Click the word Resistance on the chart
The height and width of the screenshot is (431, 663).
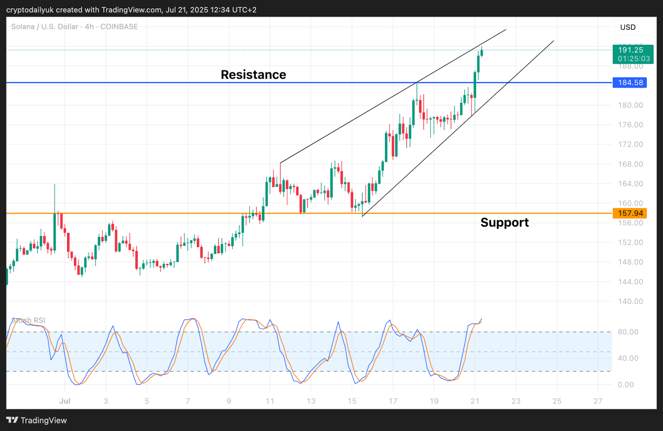tap(253, 75)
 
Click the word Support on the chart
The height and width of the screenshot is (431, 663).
tap(504, 223)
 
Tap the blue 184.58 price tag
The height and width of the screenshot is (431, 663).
tap(630, 82)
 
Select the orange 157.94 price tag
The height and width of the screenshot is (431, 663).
tap(630, 213)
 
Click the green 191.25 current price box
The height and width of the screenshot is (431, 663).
tap(633, 54)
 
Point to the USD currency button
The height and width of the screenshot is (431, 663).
tap(628, 27)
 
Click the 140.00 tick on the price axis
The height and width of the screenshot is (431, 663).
tap(630, 301)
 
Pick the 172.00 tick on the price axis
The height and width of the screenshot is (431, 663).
tap(630, 144)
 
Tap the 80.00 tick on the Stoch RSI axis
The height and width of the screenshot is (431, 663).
tap(628, 332)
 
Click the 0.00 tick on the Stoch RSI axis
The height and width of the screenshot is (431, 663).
tap(625, 385)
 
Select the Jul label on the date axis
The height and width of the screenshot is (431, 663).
tap(65, 401)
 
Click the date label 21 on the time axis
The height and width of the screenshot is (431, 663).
tap(475, 401)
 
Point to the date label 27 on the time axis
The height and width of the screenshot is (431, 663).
tap(598, 401)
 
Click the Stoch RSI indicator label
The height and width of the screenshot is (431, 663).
tap(28, 320)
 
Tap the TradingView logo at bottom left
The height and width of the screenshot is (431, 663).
tap(36, 420)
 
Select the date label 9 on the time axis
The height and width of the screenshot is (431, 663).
tap(229, 401)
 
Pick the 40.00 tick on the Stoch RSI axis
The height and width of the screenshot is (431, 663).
tap(628, 358)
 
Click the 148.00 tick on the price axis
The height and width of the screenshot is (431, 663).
tap(630, 262)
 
